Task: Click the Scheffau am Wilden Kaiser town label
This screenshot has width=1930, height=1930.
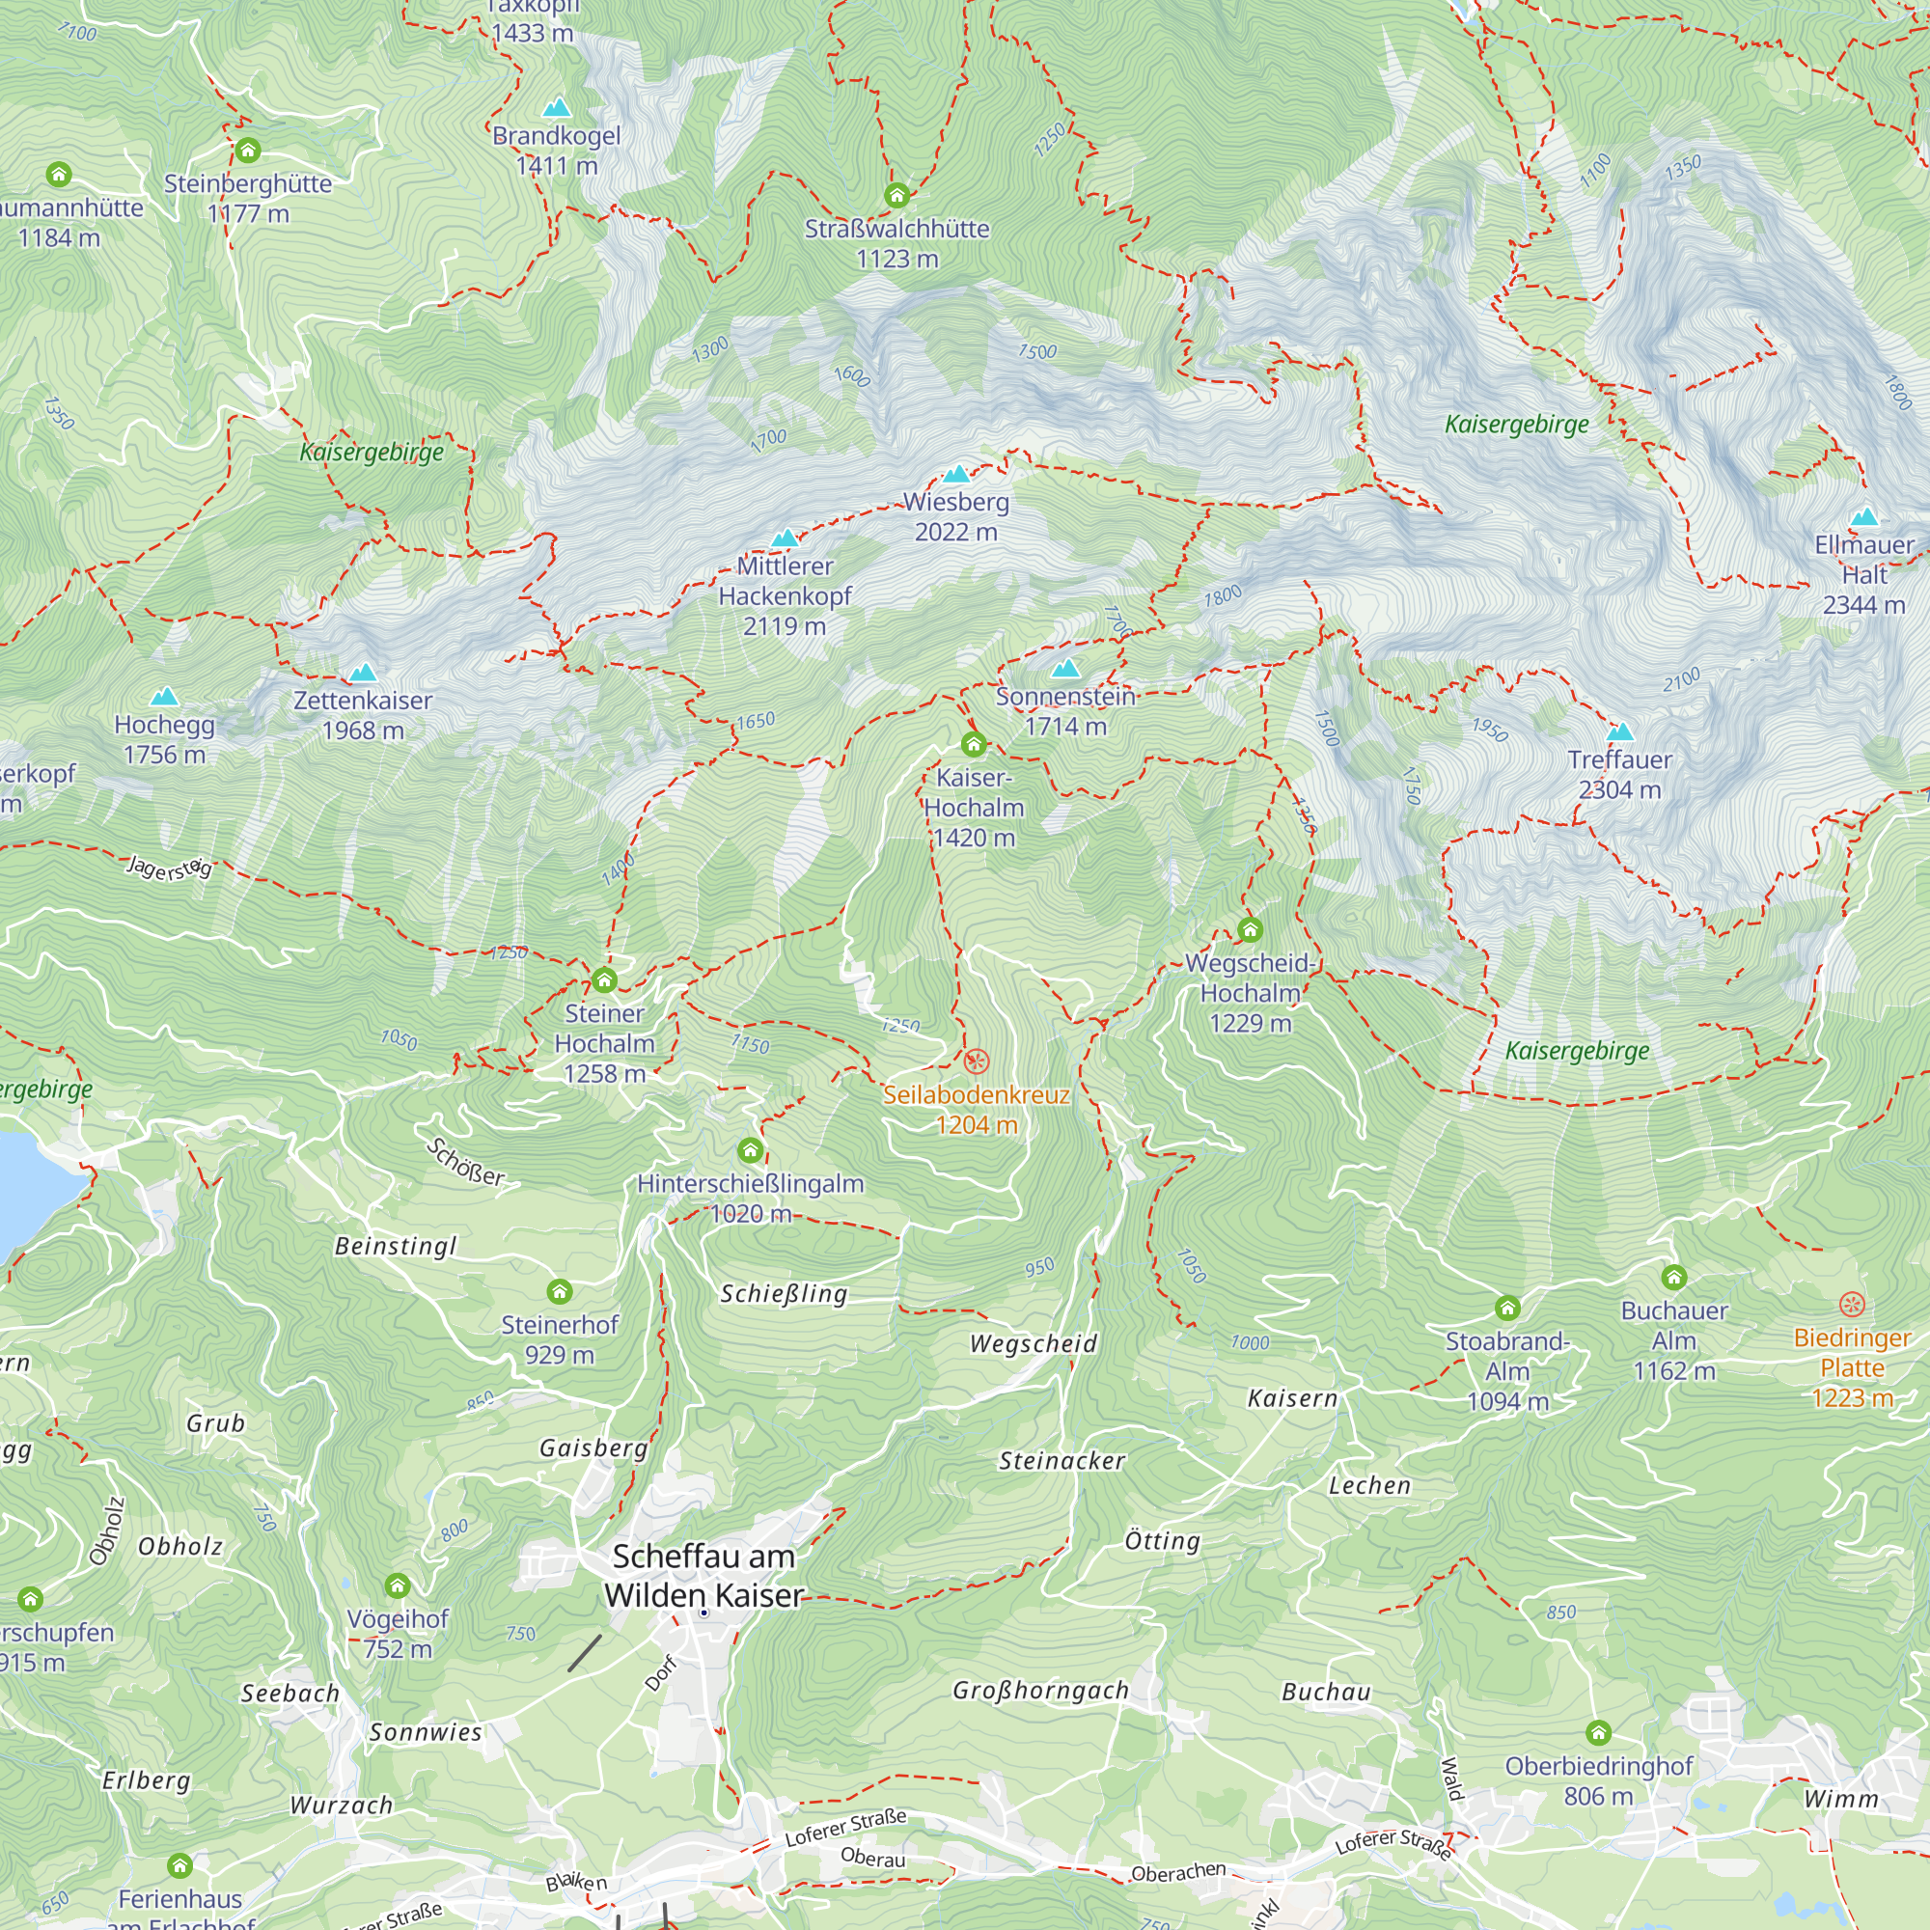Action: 703,1576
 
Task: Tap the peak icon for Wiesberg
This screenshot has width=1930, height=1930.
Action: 957,474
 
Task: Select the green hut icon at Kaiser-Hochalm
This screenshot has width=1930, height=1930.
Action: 974,743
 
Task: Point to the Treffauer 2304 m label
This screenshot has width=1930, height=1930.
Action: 1619,774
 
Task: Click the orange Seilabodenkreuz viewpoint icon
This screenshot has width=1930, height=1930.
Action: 976,1061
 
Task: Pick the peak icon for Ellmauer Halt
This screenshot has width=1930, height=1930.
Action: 1864,516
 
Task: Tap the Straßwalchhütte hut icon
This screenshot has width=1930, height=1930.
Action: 897,195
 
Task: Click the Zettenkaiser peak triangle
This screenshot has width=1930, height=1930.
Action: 363,673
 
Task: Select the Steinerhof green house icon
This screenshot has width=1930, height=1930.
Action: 560,1292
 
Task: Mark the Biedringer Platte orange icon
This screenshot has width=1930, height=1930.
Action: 1851,1304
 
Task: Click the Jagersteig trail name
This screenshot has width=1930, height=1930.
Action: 170,868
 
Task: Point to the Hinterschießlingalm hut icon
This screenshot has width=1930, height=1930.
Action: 750,1150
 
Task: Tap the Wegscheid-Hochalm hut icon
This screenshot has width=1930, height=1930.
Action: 1250,930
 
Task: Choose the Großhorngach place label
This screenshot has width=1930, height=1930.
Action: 1040,1691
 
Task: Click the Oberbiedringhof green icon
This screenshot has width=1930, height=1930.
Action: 1598,1732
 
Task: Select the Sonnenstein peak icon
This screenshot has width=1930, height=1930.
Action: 1066,668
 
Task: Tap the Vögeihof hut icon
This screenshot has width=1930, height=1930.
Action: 398,1585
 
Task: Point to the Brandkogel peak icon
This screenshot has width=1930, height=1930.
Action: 557,107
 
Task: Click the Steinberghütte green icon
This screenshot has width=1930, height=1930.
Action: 248,151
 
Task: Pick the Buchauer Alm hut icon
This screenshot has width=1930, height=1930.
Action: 1674,1277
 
